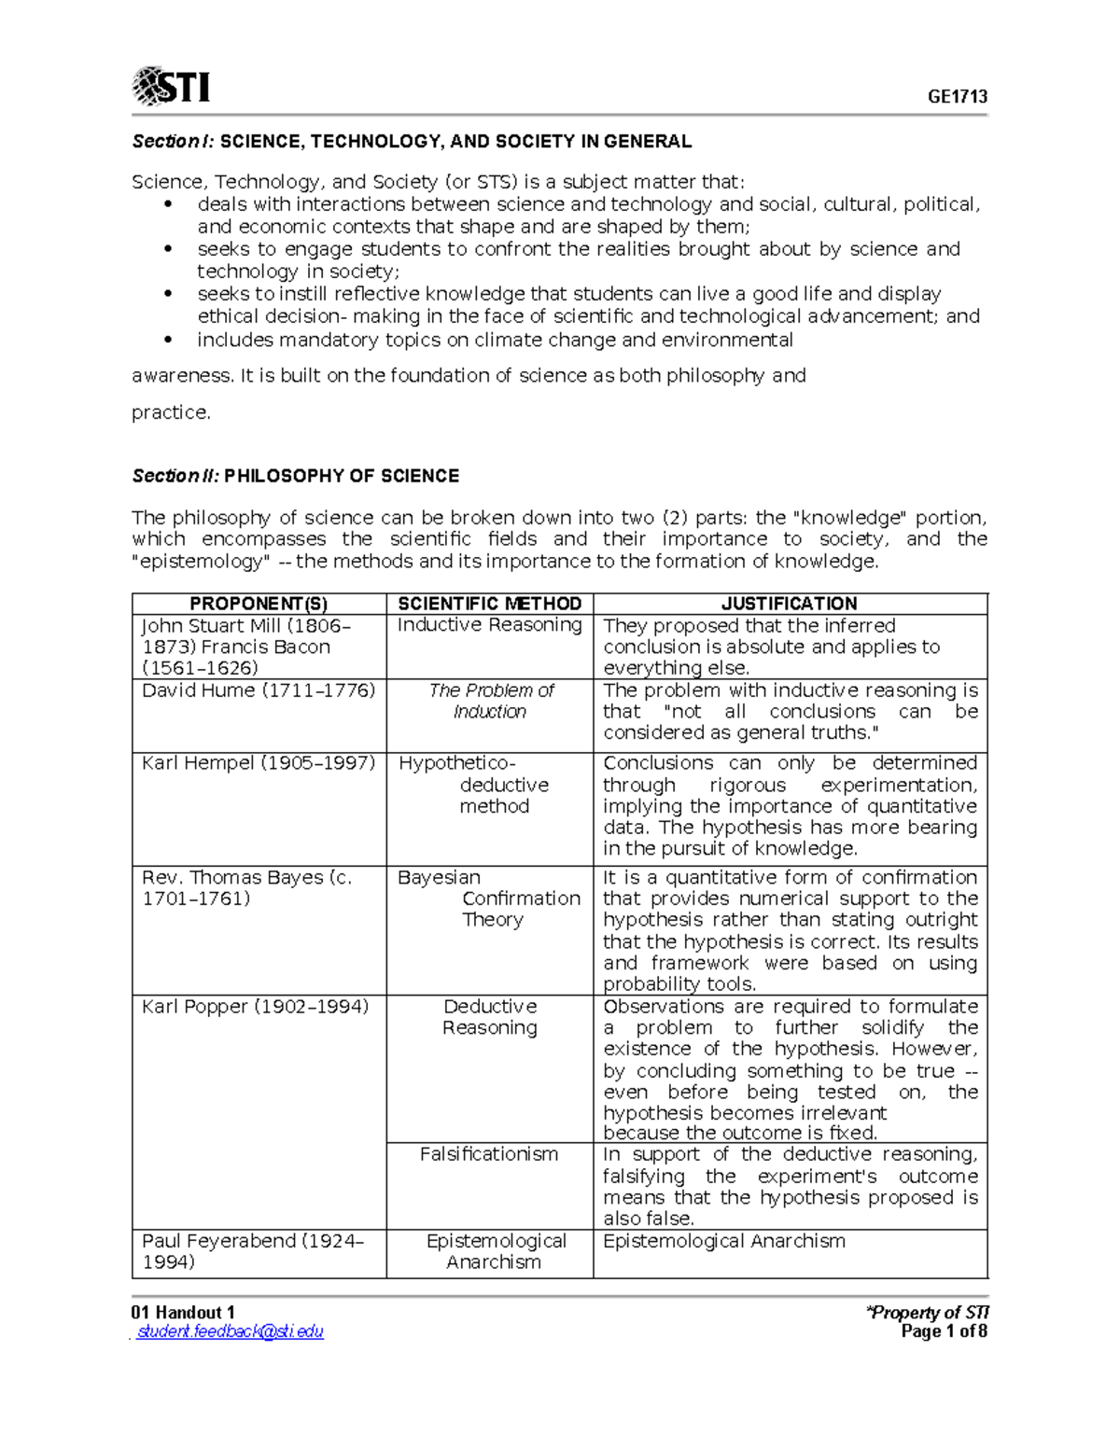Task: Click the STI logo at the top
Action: (171, 87)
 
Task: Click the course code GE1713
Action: (957, 97)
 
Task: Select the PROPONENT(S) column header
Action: (259, 604)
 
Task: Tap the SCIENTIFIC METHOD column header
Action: (489, 604)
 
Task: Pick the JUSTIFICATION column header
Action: (789, 604)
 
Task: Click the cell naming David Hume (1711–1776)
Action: (259, 690)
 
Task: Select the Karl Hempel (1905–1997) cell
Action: (259, 763)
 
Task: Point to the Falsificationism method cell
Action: (489, 1154)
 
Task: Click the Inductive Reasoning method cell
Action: (489, 625)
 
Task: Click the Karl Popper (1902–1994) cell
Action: (255, 1007)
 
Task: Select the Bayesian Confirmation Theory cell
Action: (489, 899)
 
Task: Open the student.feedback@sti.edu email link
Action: (230, 1331)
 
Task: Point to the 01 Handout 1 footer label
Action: (183, 1312)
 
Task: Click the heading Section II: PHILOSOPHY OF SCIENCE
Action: (295, 476)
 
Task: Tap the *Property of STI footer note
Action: (928, 1312)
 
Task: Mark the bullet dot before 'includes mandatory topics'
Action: (168, 340)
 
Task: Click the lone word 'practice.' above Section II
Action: (171, 412)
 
